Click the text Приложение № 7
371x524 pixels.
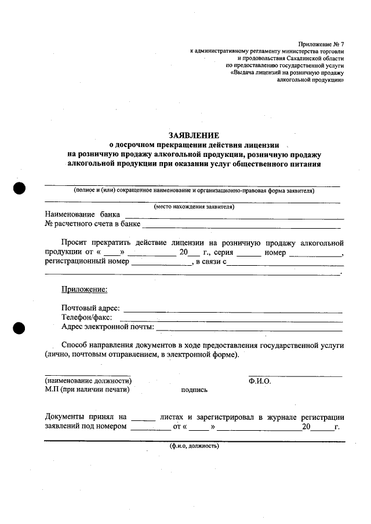coord(322,44)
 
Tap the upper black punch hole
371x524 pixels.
coord(20,188)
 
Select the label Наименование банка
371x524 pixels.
coord(82,214)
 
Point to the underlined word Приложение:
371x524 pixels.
coord(84,290)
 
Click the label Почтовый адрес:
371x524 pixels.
coord(90,308)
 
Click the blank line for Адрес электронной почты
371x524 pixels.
coord(249,328)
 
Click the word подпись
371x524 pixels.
coord(194,390)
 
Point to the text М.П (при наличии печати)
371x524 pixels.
coord(86,390)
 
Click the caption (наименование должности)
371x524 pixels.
coord(88,381)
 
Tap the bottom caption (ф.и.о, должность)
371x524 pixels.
coord(194,446)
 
